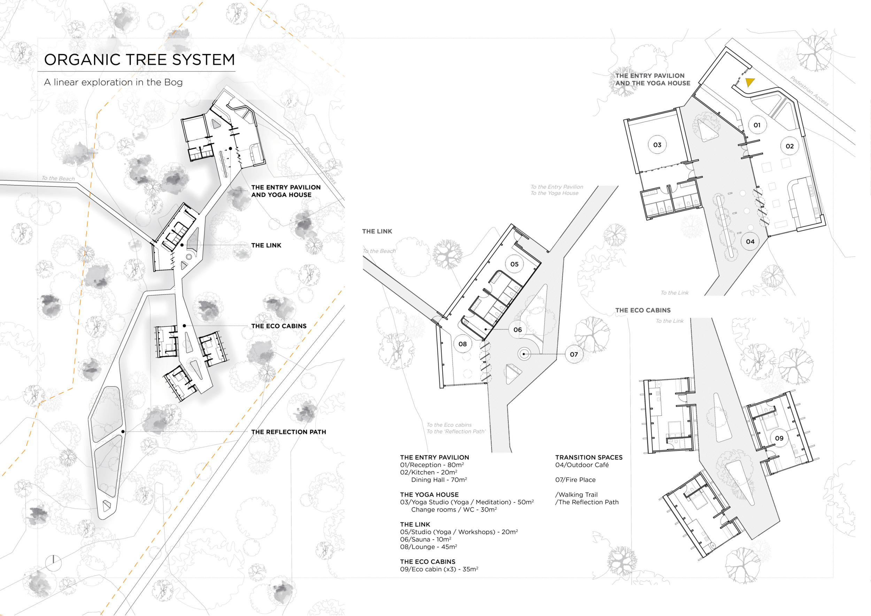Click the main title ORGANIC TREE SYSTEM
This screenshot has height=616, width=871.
coord(139,60)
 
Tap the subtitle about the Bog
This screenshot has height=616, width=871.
coord(113,82)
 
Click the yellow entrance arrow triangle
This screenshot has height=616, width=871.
coord(750,82)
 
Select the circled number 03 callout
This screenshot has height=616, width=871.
coord(657,145)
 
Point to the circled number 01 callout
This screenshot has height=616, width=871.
coord(757,125)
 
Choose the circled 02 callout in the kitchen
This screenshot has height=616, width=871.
coord(789,146)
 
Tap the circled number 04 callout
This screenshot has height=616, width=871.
coord(750,241)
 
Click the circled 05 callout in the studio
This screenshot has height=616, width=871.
coord(514,264)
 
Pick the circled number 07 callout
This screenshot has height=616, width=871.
coord(573,354)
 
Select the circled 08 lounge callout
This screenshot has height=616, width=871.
coord(462,344)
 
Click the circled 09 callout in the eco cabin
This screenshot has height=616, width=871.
coord(779,438)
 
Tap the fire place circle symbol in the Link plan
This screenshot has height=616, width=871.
coord(524,354)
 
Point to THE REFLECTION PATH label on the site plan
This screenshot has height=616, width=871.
coord(288,432)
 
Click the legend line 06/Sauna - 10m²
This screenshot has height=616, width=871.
coord(425,539)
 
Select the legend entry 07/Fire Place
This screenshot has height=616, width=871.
coord(575,479)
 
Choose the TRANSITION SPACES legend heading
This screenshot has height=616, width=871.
coord(589,457)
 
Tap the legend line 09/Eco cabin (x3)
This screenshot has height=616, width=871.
coord(439,569)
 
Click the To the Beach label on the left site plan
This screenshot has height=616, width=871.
coord(58,178)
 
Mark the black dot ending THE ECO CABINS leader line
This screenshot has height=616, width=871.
coord(184,326)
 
